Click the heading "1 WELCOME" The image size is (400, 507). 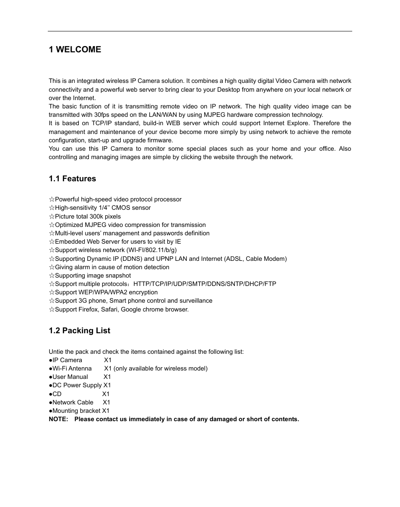coord(75,49)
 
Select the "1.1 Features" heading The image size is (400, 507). coord(72,179)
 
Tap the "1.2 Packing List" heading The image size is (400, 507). coord(79,331)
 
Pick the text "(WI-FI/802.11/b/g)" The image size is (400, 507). coord(151,250)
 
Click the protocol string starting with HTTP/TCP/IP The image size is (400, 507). coord(205,284)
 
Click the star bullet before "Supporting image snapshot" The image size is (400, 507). coord(52,275)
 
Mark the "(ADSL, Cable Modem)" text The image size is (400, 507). coord(256,259)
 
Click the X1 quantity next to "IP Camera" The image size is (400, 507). coord(108,360)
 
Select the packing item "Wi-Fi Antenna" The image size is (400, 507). coord(72,368)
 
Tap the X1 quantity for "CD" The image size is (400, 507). coord(106,394)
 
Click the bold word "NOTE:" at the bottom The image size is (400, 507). coord(58,419)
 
